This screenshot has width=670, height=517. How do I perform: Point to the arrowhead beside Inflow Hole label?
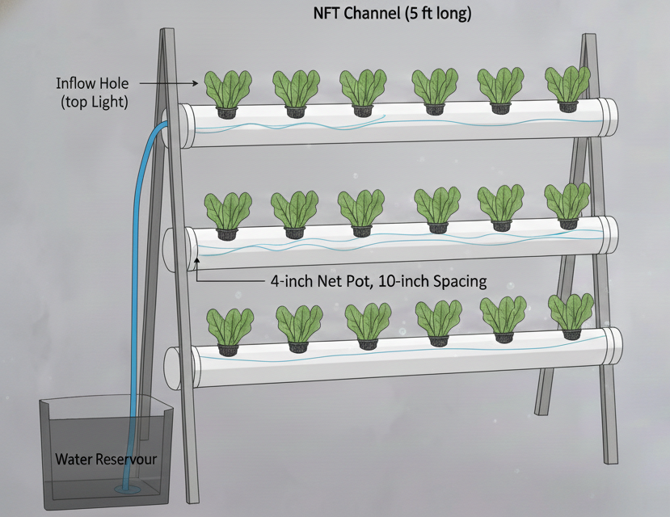(x=196, y=83)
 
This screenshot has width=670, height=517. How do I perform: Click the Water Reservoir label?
(x=106, y=460)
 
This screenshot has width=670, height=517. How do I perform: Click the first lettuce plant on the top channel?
(x=226, y=90)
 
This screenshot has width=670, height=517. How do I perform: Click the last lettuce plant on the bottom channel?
(x=571, y=315)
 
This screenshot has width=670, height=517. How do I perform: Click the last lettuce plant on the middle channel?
(x=567, y=205)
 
